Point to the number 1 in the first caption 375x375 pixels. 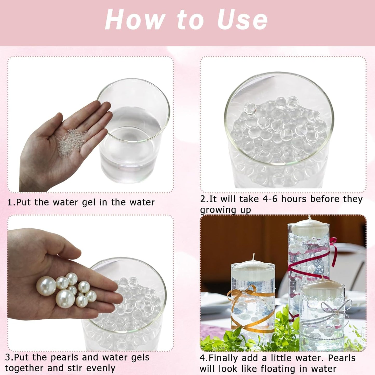(x=10, y=202)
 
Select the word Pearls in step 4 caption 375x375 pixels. (x=342, y=358)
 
